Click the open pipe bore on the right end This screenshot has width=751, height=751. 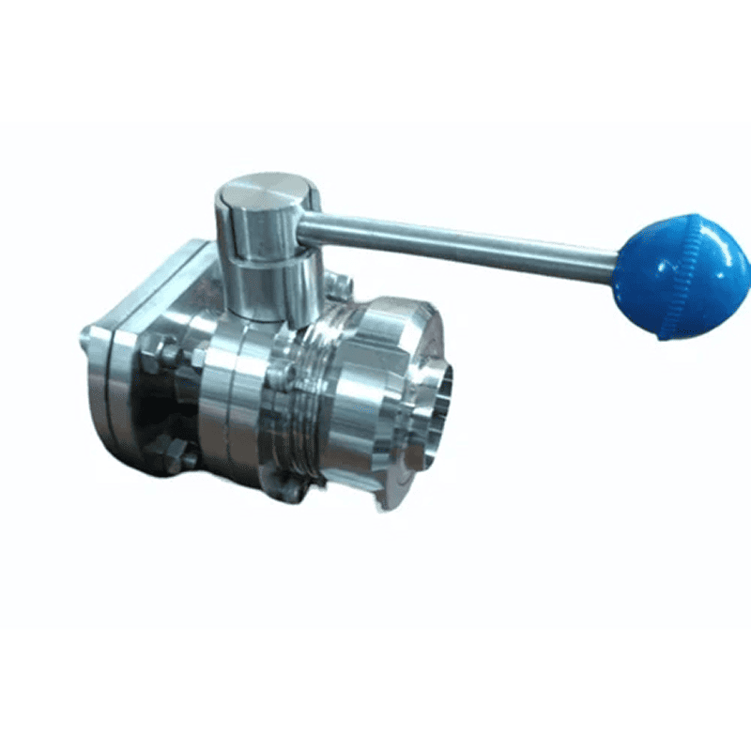coord(437,418)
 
